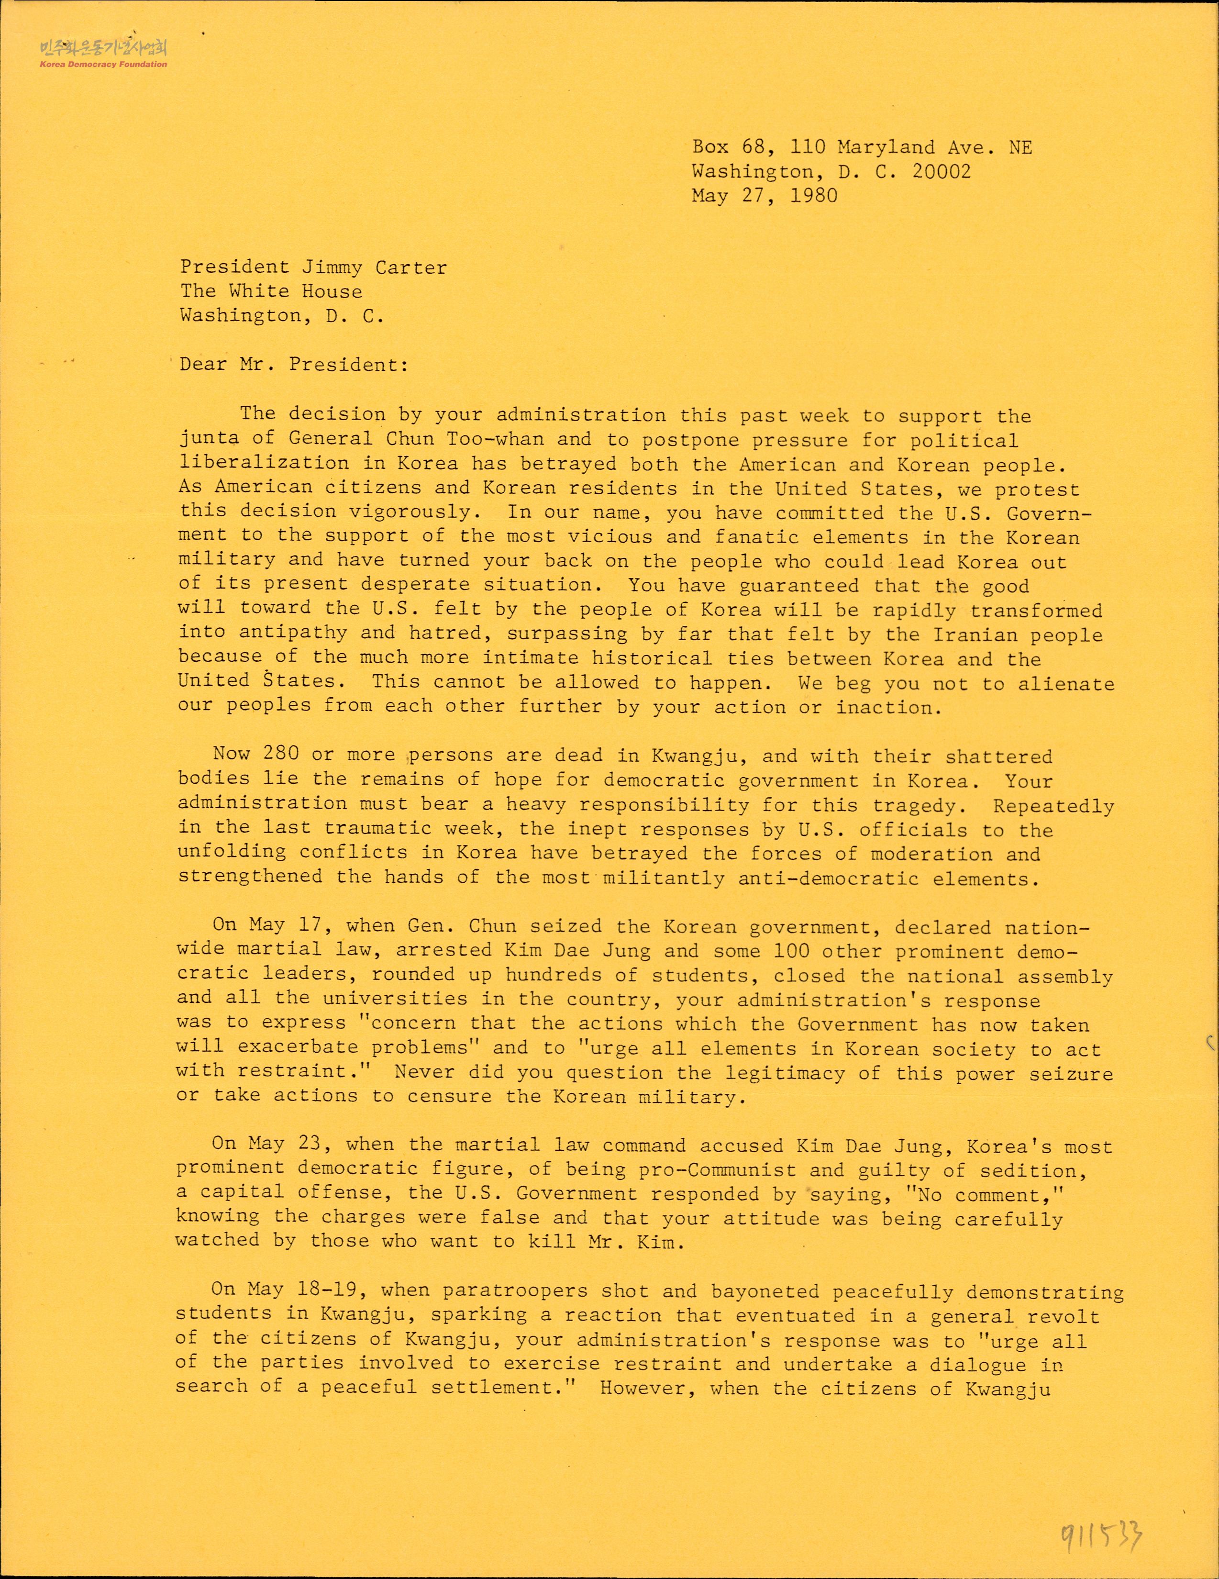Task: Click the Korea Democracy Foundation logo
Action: pos(103,54)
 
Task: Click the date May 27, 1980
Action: pos(764,196)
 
